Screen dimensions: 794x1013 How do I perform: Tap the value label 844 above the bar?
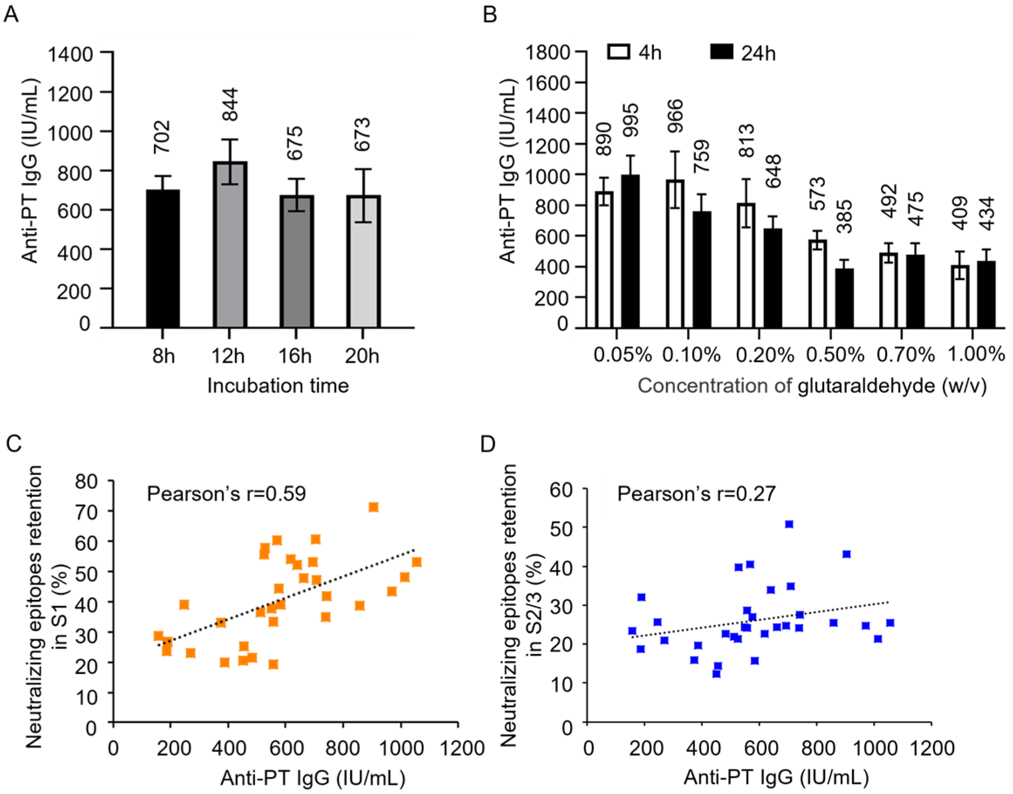click(x=229, y=104)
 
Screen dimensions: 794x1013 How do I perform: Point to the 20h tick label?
click(x=362, y=356)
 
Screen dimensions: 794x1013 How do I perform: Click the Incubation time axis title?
click(x=278, y=386)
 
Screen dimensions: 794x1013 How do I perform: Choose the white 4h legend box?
click(x=619, y=51)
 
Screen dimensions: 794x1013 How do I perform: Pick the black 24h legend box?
click(x=722, y=51)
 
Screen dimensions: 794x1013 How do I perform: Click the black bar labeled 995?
click(x=630, y=251)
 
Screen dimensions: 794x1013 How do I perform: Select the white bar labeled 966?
click(x=675, y=254)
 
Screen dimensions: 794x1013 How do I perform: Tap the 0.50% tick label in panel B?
click(x=835, y=355)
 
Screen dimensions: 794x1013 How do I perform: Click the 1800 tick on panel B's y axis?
click(x=547, y=52)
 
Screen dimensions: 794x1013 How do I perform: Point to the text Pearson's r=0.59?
click(x=226, y=494)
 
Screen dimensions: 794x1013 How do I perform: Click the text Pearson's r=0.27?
click(x=696, y=494)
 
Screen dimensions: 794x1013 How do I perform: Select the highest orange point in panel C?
click(x=373, y=507)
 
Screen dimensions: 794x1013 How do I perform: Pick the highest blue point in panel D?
click(x=789, y=524)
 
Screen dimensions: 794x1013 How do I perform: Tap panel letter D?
click(x=488, y=445)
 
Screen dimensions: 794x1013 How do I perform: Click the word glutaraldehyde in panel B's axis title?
click(x=866, y=386)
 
